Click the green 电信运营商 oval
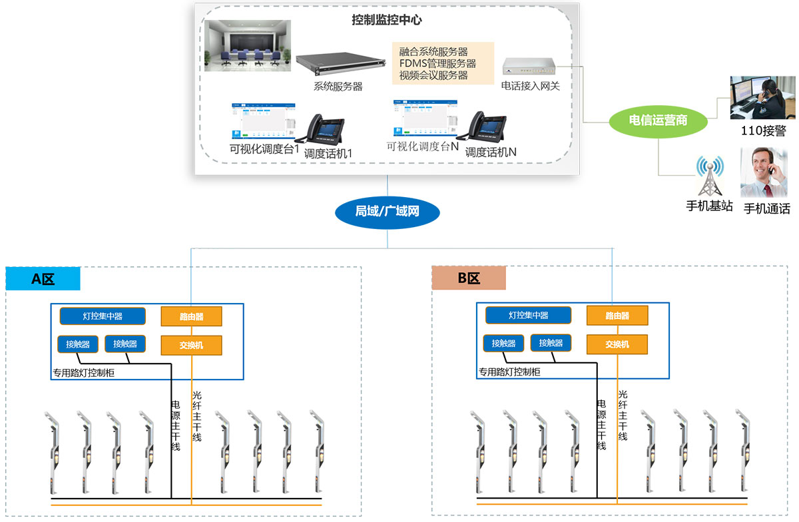click(x=658, y=121)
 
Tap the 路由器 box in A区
click(x=191, y=316)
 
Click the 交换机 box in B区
click(x=617, y=344)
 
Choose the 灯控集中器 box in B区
click(x=528, y=316)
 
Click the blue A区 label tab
click(x=43, y=279)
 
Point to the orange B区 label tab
click(x=469, y=279)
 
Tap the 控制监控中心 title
click(x=386, y=20)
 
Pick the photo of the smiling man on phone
click(x=765, y=172)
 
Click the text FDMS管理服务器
click(x=437, y=64)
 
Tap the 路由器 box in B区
click(x=617, y=316)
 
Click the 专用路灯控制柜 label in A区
click(x=83, y=373)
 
